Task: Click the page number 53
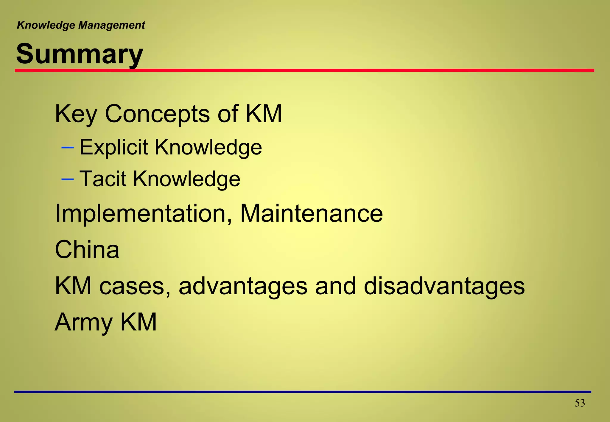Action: pyautogui.click(x=580, y=403)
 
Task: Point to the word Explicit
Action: pyautogui.click(x=114, y=147)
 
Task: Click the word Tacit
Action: pyautogui.click(x=103, y=179)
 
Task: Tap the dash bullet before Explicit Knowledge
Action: pyautogui.click(x=67, y=148)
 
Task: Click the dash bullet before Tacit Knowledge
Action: pyautogui.click(x=67, y=179)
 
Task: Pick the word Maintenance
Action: pyautogui.click(x=311, y=213)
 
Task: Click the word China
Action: pyautogui.click(x=87, y=249)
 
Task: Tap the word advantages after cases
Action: pyautogui.click(x=243, y=286)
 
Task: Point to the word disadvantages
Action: pyautogui.click(x=444, y=286)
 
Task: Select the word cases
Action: pyautogui.click(x=135, y=286)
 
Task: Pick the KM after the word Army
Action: pyautogui.click(x=138, y=322)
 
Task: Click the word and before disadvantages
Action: pyautogui.click(x=335, y=286)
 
